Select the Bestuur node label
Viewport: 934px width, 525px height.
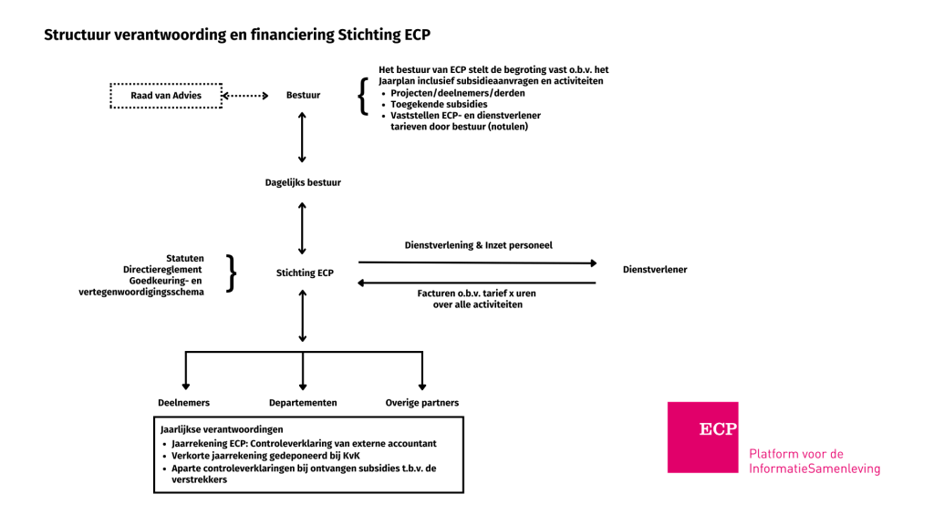coord(303,95)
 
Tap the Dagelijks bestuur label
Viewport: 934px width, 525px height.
coord(303,182)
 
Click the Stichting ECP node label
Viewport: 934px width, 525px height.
coord(305,273)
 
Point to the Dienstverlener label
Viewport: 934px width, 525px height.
coord(655,270)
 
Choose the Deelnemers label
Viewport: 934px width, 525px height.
coord(185,403)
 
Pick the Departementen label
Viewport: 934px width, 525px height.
coord(303,403)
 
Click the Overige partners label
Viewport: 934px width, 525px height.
coord(421,403)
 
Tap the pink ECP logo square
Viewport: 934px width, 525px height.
coord(703,437)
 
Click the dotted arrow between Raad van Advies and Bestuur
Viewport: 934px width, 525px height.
coord(244,95)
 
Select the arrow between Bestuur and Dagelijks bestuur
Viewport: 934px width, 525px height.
coord(302,139)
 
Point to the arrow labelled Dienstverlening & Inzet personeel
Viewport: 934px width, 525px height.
coord(477,262)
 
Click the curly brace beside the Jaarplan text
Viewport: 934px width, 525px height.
coord(362,98)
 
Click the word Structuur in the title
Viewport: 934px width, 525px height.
coord(77,36)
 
